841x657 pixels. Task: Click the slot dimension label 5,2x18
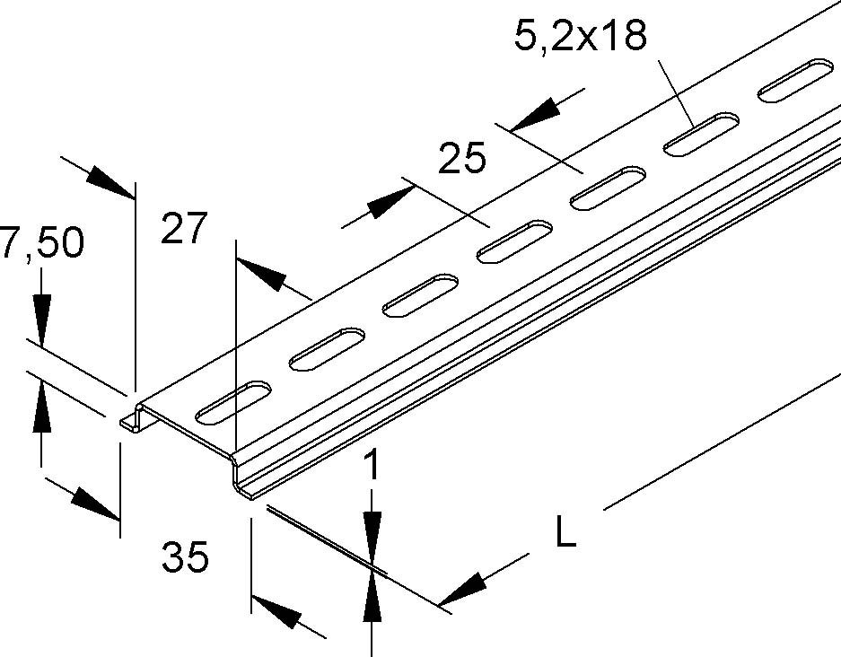tap(581, 35)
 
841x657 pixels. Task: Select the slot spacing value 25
tap(462, 158)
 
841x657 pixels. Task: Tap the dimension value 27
tap(183, 229)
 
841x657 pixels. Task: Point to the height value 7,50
tap(42, 241)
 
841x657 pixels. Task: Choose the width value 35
tap(185, 556)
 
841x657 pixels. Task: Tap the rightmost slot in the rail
tap(795, 79)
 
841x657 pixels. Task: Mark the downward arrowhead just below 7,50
tap(42, 317)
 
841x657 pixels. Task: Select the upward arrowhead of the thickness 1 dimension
tap(372, 598)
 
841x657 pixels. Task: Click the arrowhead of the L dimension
tap(462, 589)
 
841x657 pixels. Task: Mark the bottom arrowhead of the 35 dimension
tap(276, 612)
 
